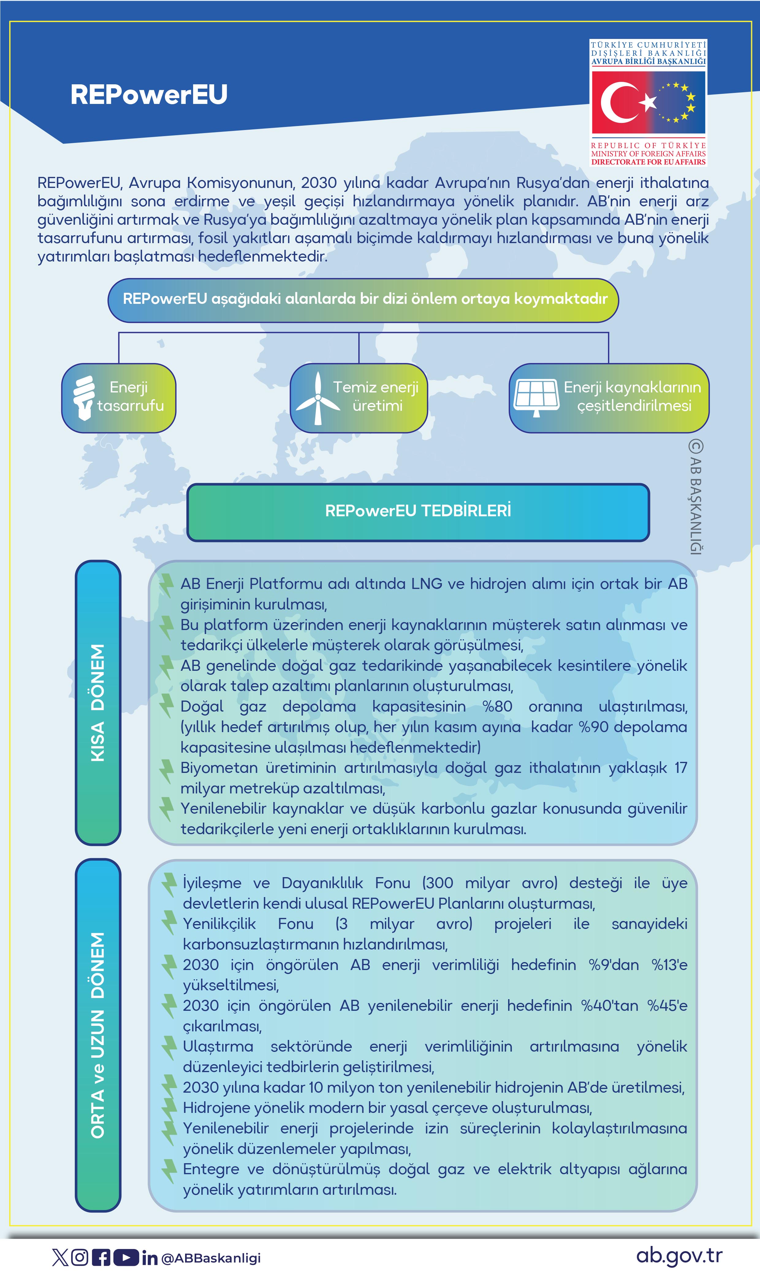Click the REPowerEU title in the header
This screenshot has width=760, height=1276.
(x=149, y=95)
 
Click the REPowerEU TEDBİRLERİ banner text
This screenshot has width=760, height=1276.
(x=418, y=511)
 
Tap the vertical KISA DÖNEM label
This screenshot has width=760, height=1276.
(x=97, y=702)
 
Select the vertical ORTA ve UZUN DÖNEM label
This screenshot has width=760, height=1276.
(x=97, y=1035)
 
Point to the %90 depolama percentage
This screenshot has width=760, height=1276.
(x=593, y=727)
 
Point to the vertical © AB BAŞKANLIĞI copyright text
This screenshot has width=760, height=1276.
(x=695, y=497)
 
